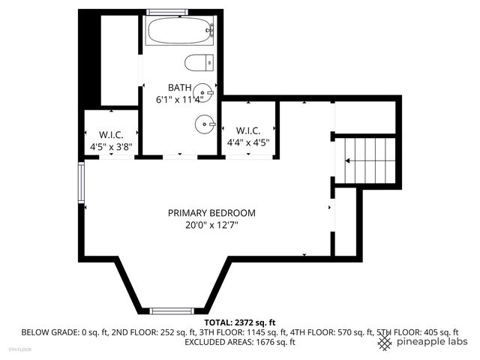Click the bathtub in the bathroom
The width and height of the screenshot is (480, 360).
pos(181,31)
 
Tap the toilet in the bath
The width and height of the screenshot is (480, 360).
pos(199,62)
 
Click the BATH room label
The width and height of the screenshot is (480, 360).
pos(179,87)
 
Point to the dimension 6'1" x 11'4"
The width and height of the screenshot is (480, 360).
pos(179,99)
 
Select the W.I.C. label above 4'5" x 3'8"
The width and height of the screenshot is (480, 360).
pos(111,136)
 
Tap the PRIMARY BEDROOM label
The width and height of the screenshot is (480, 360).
pos(211,212)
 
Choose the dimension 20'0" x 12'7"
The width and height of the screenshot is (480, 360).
pos(211,224)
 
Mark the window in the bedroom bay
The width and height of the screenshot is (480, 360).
pos(172,310)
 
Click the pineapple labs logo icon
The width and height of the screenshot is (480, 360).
pos(385,342)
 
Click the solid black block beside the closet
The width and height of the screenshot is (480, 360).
pos(89,60)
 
